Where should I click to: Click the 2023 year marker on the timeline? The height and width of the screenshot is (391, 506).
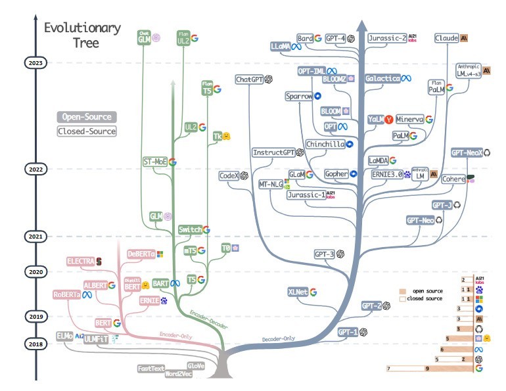pos(35,63)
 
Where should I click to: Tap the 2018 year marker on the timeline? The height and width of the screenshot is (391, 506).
pos(35,343)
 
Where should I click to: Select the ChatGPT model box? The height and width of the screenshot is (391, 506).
pos(249,80)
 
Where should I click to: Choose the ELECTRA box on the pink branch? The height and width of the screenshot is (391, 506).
pos(80,262)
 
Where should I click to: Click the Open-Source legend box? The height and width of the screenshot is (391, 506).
pos(86,117)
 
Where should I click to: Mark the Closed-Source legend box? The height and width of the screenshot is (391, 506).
pos(86,131)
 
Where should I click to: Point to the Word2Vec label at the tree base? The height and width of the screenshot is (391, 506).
pos(179,373)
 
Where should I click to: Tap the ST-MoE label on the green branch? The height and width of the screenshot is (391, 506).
pos(155,161)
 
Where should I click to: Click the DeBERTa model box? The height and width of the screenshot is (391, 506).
pos(141,254)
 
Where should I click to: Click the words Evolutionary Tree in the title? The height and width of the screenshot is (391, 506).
pos(82,35)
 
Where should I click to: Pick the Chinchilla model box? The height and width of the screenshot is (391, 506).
pos(325,144)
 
